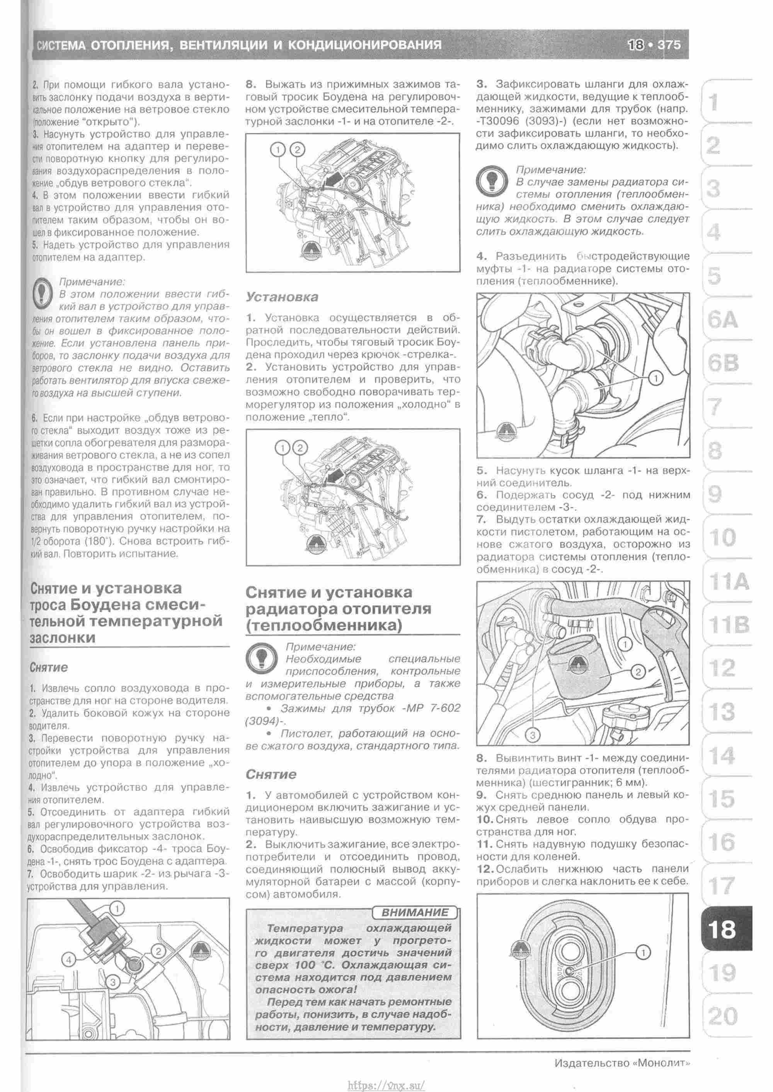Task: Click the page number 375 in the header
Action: [669, 45]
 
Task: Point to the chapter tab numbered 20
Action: [722, 1016]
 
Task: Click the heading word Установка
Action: [282, 297]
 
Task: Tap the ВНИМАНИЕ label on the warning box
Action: [415, 912]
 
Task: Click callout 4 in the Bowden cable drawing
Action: [68, 960]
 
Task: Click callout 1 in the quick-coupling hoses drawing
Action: [656, 378]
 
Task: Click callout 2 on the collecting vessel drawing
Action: [638, 672]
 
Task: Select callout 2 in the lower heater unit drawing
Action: [300, 448]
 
